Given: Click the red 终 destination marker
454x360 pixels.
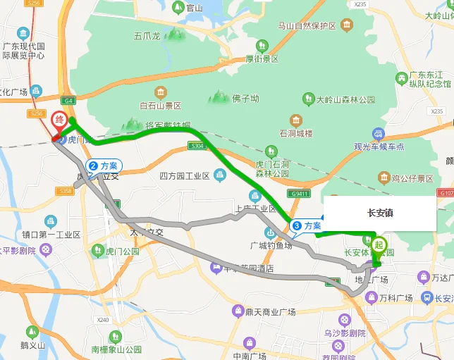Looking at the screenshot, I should (60, 120).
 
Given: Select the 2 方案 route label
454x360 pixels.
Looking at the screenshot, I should (104, 166).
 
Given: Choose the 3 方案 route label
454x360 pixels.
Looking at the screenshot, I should (307, 225).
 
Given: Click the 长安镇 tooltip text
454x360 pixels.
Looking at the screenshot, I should (380, 213).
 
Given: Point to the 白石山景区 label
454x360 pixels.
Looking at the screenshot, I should (161, 106).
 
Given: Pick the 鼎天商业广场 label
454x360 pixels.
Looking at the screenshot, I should (270, 311).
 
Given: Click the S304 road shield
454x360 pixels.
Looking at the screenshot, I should (197, 146).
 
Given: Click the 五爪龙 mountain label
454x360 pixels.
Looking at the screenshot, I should (147, 35).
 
